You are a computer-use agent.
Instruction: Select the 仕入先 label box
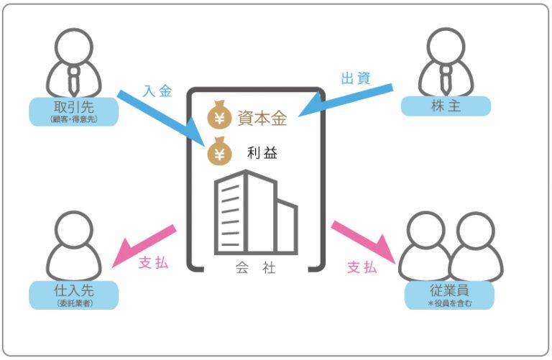coord(74,295)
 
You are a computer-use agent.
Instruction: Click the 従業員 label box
coord(449,295)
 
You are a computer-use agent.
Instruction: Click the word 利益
coord(262,153)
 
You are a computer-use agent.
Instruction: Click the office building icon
coord(255,211)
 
